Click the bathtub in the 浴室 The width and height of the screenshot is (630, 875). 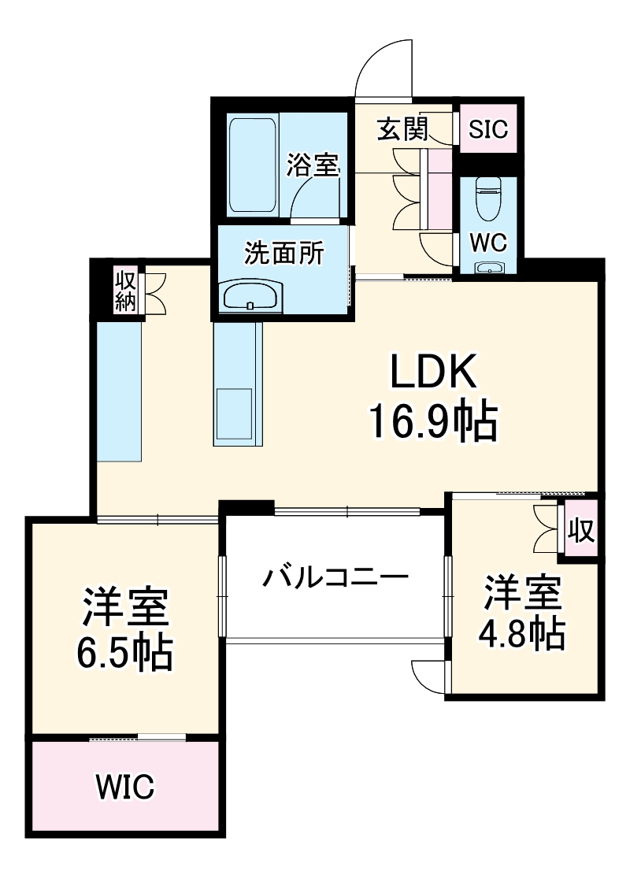pos(253,165)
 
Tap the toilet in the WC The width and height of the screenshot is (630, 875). pos(488,197)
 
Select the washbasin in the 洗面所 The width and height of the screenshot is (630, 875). pos(250,296)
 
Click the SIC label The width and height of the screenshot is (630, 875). pos(488,128)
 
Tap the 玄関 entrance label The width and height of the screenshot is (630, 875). pos(402,129)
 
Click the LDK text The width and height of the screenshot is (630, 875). pos(434,373)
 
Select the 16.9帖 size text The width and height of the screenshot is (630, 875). pos(434,422)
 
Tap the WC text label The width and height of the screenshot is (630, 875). pos(488,243)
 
